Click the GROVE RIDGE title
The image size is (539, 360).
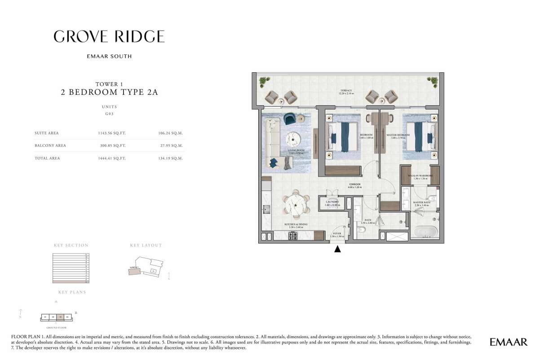click(x=109, y=36)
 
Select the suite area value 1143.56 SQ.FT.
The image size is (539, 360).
click(x=112, y=133)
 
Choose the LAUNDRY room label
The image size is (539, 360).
click(x=333, y=203)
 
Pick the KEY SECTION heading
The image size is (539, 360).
click(x=71, y=245)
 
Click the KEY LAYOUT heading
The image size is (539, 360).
click(x=146, y=245)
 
